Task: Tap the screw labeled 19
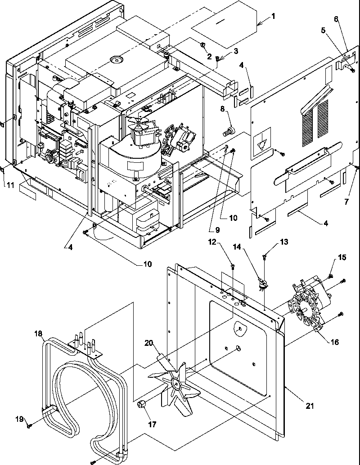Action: (29, 425)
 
